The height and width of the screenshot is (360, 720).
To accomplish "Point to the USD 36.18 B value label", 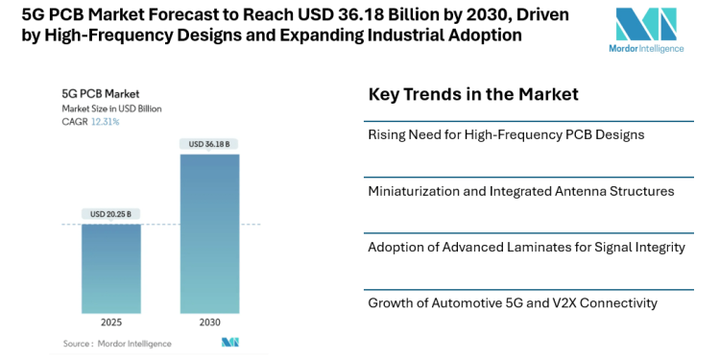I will (x=209, y=144).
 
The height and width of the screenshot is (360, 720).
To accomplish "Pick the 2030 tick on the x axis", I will (x=209, y=323).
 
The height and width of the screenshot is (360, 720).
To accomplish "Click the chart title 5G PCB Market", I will (x=101, y=94).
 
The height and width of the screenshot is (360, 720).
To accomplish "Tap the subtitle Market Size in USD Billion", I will (x=111, y=108).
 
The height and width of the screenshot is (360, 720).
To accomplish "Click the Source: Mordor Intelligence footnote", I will (x=117, y=343).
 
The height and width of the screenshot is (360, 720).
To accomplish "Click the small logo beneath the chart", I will (x=229, y=343).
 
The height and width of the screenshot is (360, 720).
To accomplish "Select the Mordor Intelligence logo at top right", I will (x=645, y=29).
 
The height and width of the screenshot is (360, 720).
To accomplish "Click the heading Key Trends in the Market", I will (x=473, y=94).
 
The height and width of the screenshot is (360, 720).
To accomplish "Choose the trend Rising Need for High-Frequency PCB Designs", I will (x=506, y=134).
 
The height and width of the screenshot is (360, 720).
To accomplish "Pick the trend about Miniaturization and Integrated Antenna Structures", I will (x=521, y=191).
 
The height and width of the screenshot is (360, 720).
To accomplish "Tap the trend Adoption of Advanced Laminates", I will (x=526, y=247).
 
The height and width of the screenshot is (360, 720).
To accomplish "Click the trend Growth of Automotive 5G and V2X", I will (x=513, y=303).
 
